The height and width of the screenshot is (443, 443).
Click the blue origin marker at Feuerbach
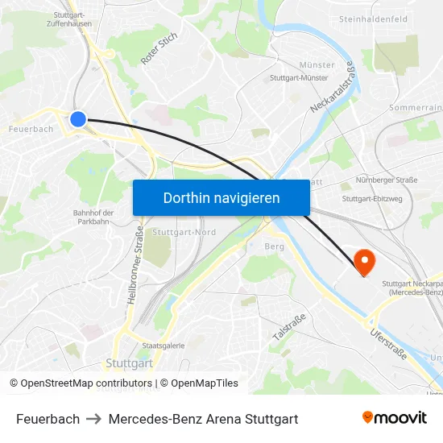coord(78,119)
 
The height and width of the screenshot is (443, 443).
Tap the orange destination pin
coord(364,262)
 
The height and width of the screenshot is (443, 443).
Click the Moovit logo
coord(394,418)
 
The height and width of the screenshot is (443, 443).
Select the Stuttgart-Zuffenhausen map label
coord(69,19)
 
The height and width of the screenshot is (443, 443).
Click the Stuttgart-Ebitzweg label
coord(372,198)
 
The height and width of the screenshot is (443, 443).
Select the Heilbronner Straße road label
coord(135,275)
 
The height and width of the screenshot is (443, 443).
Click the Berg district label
coord(274,246)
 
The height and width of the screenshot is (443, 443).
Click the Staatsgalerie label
coord(164,345)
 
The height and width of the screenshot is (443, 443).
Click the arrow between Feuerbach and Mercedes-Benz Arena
coord(94,419)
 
